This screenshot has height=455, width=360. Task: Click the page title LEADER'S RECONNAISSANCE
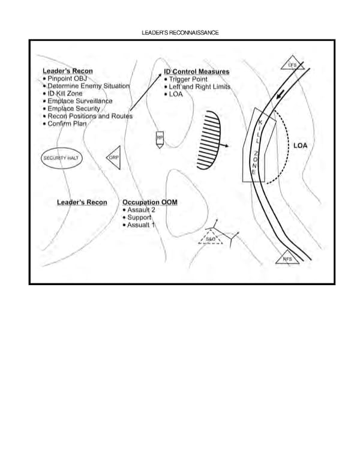(x=180, y=32)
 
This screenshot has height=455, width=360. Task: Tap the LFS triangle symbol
(x=292, y=65)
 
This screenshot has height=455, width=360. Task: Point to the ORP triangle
(x=114, y=157)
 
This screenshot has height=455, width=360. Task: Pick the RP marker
(x=160, y=139)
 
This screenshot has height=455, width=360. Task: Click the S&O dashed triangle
(x=210, y=239)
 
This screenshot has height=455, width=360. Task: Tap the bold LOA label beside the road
(x=301, y=146)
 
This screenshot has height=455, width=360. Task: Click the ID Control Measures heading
(x=197, y=72)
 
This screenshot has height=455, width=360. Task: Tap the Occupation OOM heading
(x=150, y=202)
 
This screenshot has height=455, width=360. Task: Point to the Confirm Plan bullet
(x=67, y=124)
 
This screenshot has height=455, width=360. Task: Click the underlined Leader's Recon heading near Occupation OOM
(x=82, y=202)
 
